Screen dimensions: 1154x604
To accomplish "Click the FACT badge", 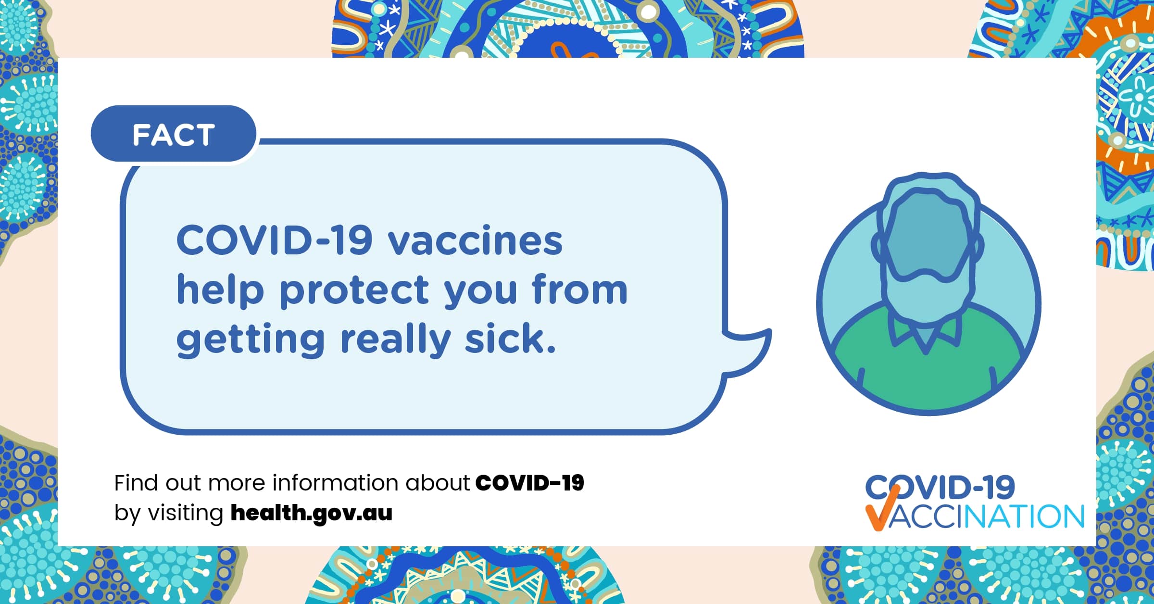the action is [173, 134].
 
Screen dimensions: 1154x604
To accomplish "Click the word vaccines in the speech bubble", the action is [475, 240].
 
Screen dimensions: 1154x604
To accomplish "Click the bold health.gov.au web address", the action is [312, 513].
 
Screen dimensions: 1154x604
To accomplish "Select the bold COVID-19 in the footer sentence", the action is [529, 483].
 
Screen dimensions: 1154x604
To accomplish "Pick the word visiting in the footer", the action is [185, 514].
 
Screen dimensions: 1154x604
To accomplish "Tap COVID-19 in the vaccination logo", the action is [940, 487].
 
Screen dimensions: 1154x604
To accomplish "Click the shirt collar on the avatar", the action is [926, 332].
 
